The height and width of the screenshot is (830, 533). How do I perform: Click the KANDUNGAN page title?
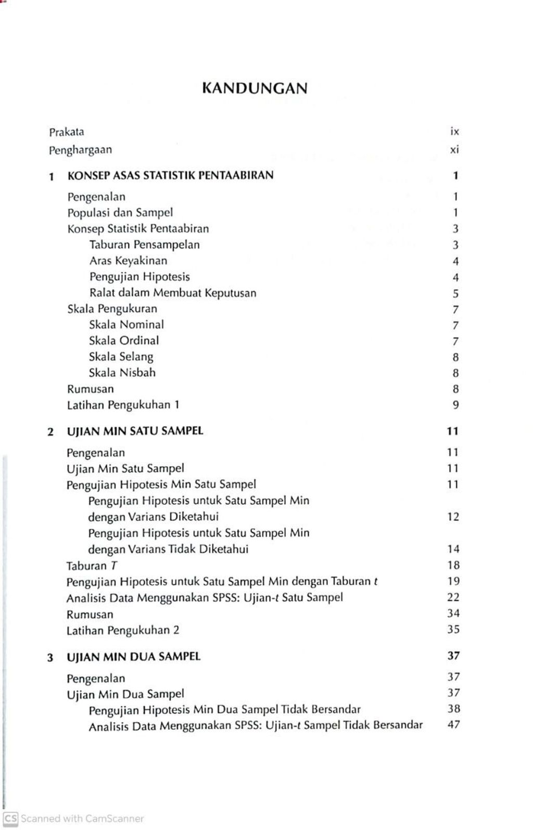click(255, 88)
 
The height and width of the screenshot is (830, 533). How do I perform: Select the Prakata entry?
click(66, 132)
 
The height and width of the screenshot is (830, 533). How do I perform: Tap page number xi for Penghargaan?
click(454, 150)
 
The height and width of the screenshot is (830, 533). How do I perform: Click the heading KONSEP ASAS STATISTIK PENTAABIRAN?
click(170, 175)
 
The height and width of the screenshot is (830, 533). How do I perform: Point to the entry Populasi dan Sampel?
click(120, 213)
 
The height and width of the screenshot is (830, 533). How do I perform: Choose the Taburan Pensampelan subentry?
click(144, 245)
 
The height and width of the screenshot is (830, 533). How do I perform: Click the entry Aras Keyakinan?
click(128, 261)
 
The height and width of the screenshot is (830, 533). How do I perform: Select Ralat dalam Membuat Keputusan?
click(173, 293)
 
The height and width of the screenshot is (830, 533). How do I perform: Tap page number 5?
click(455, 294)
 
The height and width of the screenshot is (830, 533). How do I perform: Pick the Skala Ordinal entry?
click(124, 341)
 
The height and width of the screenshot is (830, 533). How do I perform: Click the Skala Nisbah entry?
click(122, 373)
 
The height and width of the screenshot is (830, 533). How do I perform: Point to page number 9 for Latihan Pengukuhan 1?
click(455, 405)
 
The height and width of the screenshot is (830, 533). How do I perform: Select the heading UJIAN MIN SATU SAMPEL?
click(135, 431)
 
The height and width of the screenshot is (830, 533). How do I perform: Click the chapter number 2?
click(50, 432)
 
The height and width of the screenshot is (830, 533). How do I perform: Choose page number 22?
click(453, 597)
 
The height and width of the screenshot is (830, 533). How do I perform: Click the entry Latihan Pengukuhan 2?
click(123, 631)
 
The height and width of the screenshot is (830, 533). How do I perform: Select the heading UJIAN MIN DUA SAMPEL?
click(133, 657)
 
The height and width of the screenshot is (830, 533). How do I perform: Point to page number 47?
click(453, 725)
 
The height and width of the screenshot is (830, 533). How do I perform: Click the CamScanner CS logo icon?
click(10, 819)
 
